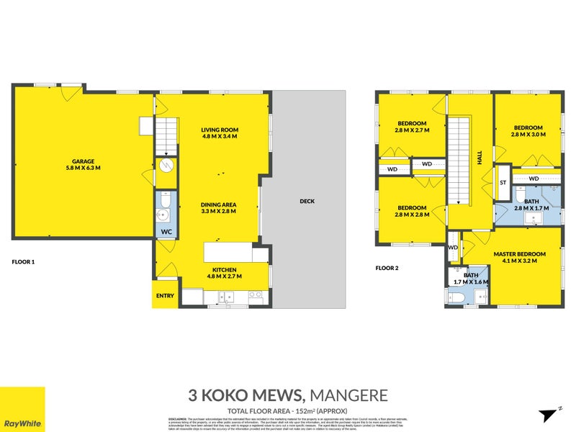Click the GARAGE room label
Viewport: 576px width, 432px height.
click(x=83, y=161)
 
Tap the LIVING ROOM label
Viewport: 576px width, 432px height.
click(x=219, y=130)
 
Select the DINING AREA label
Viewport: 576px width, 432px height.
click(x=219, y=205)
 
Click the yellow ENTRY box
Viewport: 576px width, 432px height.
click(x=164, y=295)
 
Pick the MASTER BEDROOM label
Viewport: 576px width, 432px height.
click(x=519, y=254)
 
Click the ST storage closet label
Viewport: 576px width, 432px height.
click(x=503, y=183)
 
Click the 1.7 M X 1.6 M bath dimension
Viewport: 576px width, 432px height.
click(x=471, y=282)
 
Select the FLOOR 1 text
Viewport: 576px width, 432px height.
click(x=24, y=262)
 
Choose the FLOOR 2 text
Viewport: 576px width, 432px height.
click(x=387, y=268)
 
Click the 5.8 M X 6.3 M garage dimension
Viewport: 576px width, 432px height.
click(x=83, y=168)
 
